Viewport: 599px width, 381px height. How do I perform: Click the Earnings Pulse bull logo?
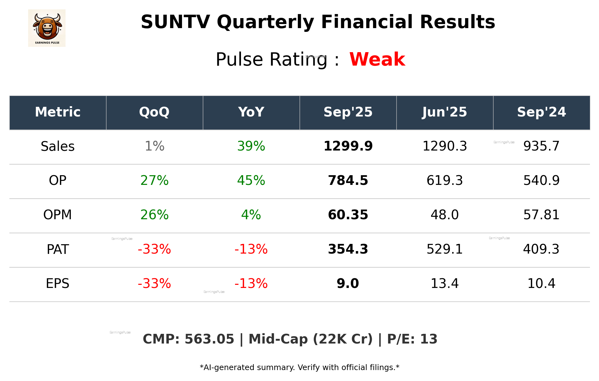tap(47, 28)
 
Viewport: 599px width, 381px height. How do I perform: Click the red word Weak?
tap(377, 59)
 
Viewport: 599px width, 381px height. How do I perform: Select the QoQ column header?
tap(154, 112)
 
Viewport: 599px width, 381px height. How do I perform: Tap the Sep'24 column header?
tap(541, 112)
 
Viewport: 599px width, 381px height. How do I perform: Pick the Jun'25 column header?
tap(444, 112)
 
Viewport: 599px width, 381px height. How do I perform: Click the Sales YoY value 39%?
tap(251, 146)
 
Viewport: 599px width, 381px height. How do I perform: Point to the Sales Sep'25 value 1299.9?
tap(348, 146)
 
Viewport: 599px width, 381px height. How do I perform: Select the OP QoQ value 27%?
tap(154, 181)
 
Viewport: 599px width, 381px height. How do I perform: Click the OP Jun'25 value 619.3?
tap(444, 181)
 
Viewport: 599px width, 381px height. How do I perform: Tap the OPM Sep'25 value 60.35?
tap(348, 215)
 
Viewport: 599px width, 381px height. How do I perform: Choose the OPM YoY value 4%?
tap(251, 215)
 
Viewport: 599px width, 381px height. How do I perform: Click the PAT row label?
tap(58, 250)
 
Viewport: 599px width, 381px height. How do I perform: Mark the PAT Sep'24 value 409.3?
tap(541, 249)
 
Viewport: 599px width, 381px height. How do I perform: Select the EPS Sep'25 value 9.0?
tap(348, 284)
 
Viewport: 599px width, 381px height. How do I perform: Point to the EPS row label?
tap(58, 284)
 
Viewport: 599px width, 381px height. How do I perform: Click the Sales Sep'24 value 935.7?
tap(541, 146)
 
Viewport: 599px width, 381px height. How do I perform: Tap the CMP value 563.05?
tap(209, 339)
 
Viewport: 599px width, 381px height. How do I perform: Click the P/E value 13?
tap(429, 339)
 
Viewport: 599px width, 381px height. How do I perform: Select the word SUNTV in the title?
tap(175, 22)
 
